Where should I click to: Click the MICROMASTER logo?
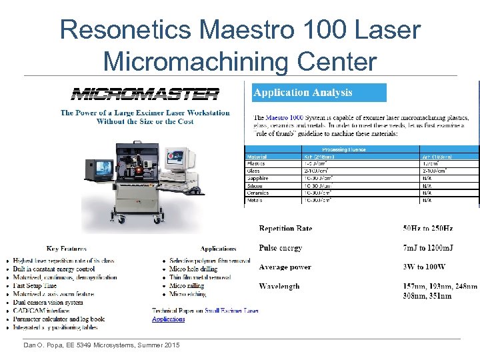click(x=145, y=94)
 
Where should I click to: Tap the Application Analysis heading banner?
click(x=319, y=93)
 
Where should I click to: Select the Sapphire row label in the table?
click(x=257, y=178)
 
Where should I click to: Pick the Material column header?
click(x=257, y=156)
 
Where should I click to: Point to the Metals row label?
click(x=256, y=199)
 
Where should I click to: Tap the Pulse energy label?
click(x=280, y=248)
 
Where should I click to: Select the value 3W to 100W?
click(x=424, y=267)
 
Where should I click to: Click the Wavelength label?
click(x=279, y=287)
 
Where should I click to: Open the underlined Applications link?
click(x=169, y=319)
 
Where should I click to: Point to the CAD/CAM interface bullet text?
click(x=41, y=311)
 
